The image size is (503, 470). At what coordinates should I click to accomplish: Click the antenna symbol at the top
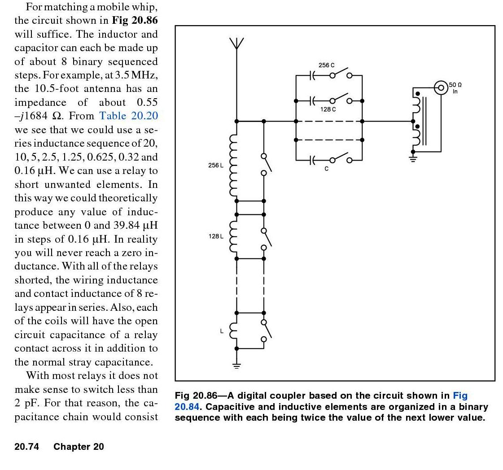[236, 44]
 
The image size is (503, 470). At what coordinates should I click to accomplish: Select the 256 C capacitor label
[326, 65]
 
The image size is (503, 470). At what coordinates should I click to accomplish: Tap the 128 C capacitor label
[328, 109]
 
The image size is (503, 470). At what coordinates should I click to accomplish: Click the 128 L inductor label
[215, 236]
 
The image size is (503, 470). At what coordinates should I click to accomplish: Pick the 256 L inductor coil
[233, 166]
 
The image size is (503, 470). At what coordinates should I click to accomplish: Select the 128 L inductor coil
[233, 236]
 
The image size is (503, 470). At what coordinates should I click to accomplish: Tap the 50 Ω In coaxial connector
[441, 87]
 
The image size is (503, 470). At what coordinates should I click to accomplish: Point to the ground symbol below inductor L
[236, 365]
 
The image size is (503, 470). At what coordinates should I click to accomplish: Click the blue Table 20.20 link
[128, 116]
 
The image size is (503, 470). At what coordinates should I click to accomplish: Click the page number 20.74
[26, 447]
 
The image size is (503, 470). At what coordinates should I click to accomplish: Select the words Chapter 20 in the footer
[79, 447]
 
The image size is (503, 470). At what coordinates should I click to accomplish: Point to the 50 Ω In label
[455, 88]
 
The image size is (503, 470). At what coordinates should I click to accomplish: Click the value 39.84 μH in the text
[135, 225]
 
